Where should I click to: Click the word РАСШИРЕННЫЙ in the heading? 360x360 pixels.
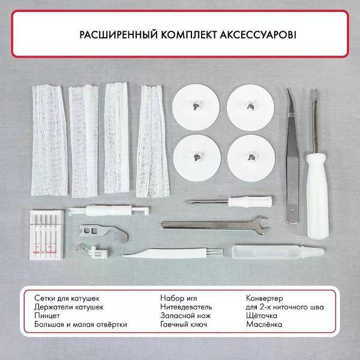[x=118, y=35]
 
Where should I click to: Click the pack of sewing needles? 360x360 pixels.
[x=46, y=235]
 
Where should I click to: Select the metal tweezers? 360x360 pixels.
[x=293, y=156]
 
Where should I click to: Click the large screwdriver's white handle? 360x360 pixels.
[x=317, y=196]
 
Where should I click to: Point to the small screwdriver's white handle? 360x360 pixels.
[x=250, y=202]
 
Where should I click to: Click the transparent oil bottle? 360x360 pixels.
[x=278, y=252]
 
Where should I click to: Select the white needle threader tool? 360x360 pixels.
[x=109, y=211]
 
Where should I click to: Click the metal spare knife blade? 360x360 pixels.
[x=104, y=232]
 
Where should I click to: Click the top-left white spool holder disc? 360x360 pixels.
[x=196, y=107]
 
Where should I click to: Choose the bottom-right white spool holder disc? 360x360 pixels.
[x=251, y=158]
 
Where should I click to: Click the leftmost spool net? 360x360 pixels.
[x=50, y=140]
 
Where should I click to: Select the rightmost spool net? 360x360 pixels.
[x=152, y=141]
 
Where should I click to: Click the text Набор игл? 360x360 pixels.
[x=179, y=298]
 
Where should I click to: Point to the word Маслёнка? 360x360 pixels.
[x=264, y=325]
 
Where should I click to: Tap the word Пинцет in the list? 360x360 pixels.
[x=47, y=316]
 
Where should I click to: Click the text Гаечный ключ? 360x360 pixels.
[x=184, y=325]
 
